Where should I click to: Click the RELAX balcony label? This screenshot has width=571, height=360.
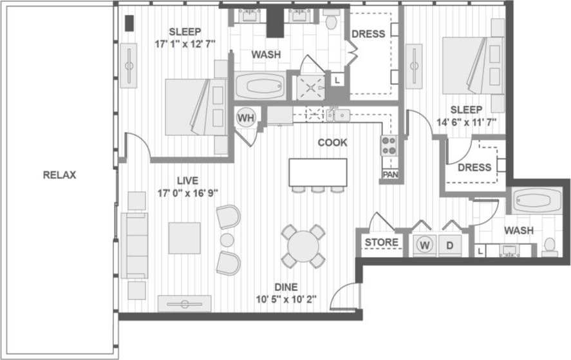59,175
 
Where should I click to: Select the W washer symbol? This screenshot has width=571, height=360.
424,245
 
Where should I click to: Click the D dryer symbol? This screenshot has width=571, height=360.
450,245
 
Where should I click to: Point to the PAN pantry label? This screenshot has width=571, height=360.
389,175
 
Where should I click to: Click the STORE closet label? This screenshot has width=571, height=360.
382,243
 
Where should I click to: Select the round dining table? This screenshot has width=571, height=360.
303,246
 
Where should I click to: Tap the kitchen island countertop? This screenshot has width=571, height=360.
317,172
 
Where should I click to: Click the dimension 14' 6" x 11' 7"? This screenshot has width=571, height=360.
468,122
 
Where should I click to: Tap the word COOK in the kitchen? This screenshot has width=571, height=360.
332,142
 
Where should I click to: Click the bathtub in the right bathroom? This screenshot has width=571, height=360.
538,202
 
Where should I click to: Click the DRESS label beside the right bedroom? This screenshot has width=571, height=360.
474,167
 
